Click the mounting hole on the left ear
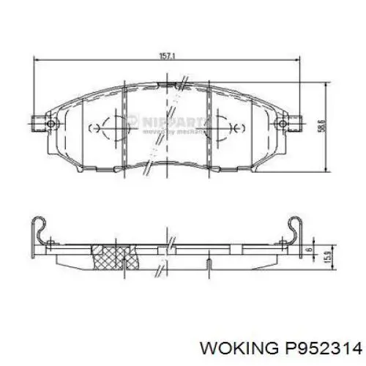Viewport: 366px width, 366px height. click(51, 123)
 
